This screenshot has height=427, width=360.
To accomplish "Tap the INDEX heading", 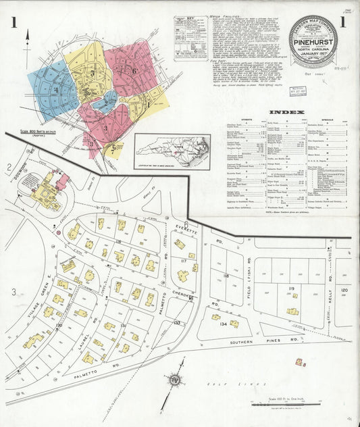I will click(x=287, y=112).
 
